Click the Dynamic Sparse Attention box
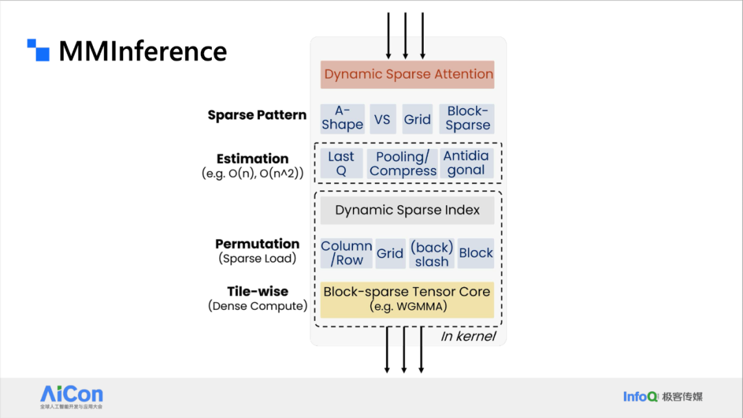tap(407, 74)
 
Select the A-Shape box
tap(343, 118)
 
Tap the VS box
tap(383, 118)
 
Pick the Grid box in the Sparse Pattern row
tap(418, 118)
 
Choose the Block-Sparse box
tap(466, 118)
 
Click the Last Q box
tap(341, 164)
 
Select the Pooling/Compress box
tap(402, 164)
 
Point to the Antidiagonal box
tap(466, 164)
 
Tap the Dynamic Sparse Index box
tap(407, 210)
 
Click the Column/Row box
tap(346, 253)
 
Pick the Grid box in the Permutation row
tap(391, 253)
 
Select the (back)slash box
tap(431, 253)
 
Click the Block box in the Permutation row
tap(476, 253)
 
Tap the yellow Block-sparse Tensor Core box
tap(407, 300)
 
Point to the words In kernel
tap(469, 336)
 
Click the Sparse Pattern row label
tap(257, 115)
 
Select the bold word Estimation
tap(252, 158)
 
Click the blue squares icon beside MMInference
tap(39, 50)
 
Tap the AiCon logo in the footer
tap(72, 397)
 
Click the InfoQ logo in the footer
tap(640, 397)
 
